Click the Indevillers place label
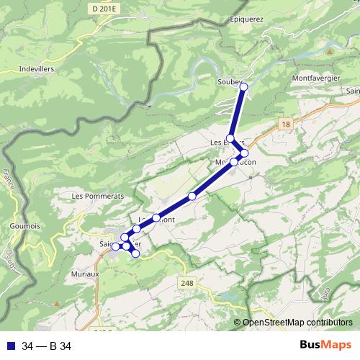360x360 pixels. click(x=35, y=70)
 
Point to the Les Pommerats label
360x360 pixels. click(x=98, y=196)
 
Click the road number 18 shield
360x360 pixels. click(x=287, y=125)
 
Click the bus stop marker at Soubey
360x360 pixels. click(x=243, y=87)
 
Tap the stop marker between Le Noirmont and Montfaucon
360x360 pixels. click(x=192, y=196)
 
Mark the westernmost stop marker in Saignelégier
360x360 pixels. click(x=115, y=247)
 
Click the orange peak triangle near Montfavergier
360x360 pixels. click(x=328, y=52)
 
